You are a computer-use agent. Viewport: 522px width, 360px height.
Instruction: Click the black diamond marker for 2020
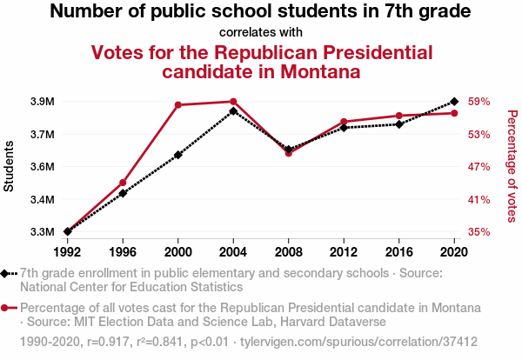pyautogui.click(x=454, y=102)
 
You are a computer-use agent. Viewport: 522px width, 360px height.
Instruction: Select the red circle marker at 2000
pyautogui.click(x=178, y=105)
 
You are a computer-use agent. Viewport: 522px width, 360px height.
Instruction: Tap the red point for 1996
pyautogui.click(x=123, y=183)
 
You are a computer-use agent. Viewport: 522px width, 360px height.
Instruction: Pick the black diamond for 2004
pyautogui.click(x=233, y=111)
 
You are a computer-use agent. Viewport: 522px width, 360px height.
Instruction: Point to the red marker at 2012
pyautogui.click(x=344, y=122)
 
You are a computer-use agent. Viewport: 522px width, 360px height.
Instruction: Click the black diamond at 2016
pyautogui.click(x=398, y=124)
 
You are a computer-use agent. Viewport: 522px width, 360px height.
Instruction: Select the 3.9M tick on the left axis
pyautogui.click(x=42, y=102)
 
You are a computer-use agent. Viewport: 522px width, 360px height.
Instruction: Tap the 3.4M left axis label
pyautogui.click(x=42, y=200)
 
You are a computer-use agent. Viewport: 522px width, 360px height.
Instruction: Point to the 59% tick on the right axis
pyautogui.click(x=479, y=102)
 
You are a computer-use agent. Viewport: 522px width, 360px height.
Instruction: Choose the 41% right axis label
pyautogui.click(x=479, y=200)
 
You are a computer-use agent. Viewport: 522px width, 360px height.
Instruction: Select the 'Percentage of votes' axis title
pyautogui.click(x=512, y=164)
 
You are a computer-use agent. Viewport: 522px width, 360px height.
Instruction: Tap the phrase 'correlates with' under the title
pyautogui.click(x=260, y=32)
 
